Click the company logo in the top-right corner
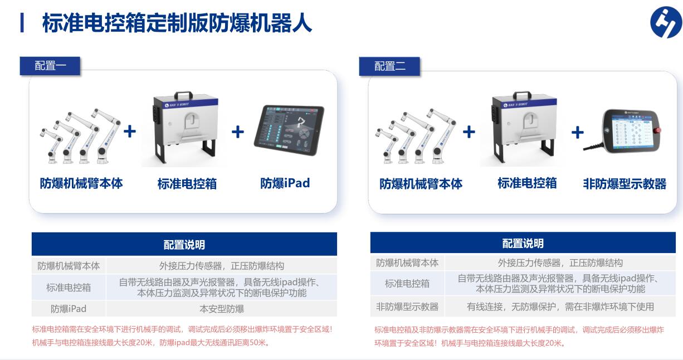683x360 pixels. (x=666, y=22)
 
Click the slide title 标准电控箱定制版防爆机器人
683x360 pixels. (x=177, y=23)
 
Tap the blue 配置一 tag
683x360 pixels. (x=50, y=66)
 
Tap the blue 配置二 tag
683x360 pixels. (x=389, y=66)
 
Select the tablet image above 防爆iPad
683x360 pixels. (x=289, y=130)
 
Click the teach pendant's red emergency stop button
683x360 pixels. (x=658, y=130)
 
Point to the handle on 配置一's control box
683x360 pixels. (x=183, y=95)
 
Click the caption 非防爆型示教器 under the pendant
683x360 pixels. (x=625, y=184)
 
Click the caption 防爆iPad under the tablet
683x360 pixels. (x=285, y=183)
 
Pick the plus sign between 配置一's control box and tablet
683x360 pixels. (x=238, y=132)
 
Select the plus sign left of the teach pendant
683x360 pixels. (x=578, y=133)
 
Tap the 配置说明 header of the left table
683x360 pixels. (x=184, y=245)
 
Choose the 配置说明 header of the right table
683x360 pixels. (x=523, y=244)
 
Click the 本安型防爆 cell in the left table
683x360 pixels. (x=222, y=309)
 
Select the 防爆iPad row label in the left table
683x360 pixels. (x=69, y=309)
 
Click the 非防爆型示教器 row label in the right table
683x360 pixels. (x=407, y=307)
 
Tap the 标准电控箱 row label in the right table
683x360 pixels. (x=407, y=284)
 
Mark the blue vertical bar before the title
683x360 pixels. (x=22, y=23)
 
